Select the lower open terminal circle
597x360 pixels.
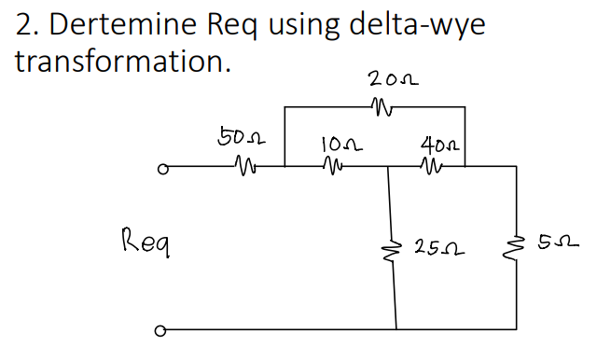[x=161, y=329]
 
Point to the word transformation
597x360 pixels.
[x=122, y=62]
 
